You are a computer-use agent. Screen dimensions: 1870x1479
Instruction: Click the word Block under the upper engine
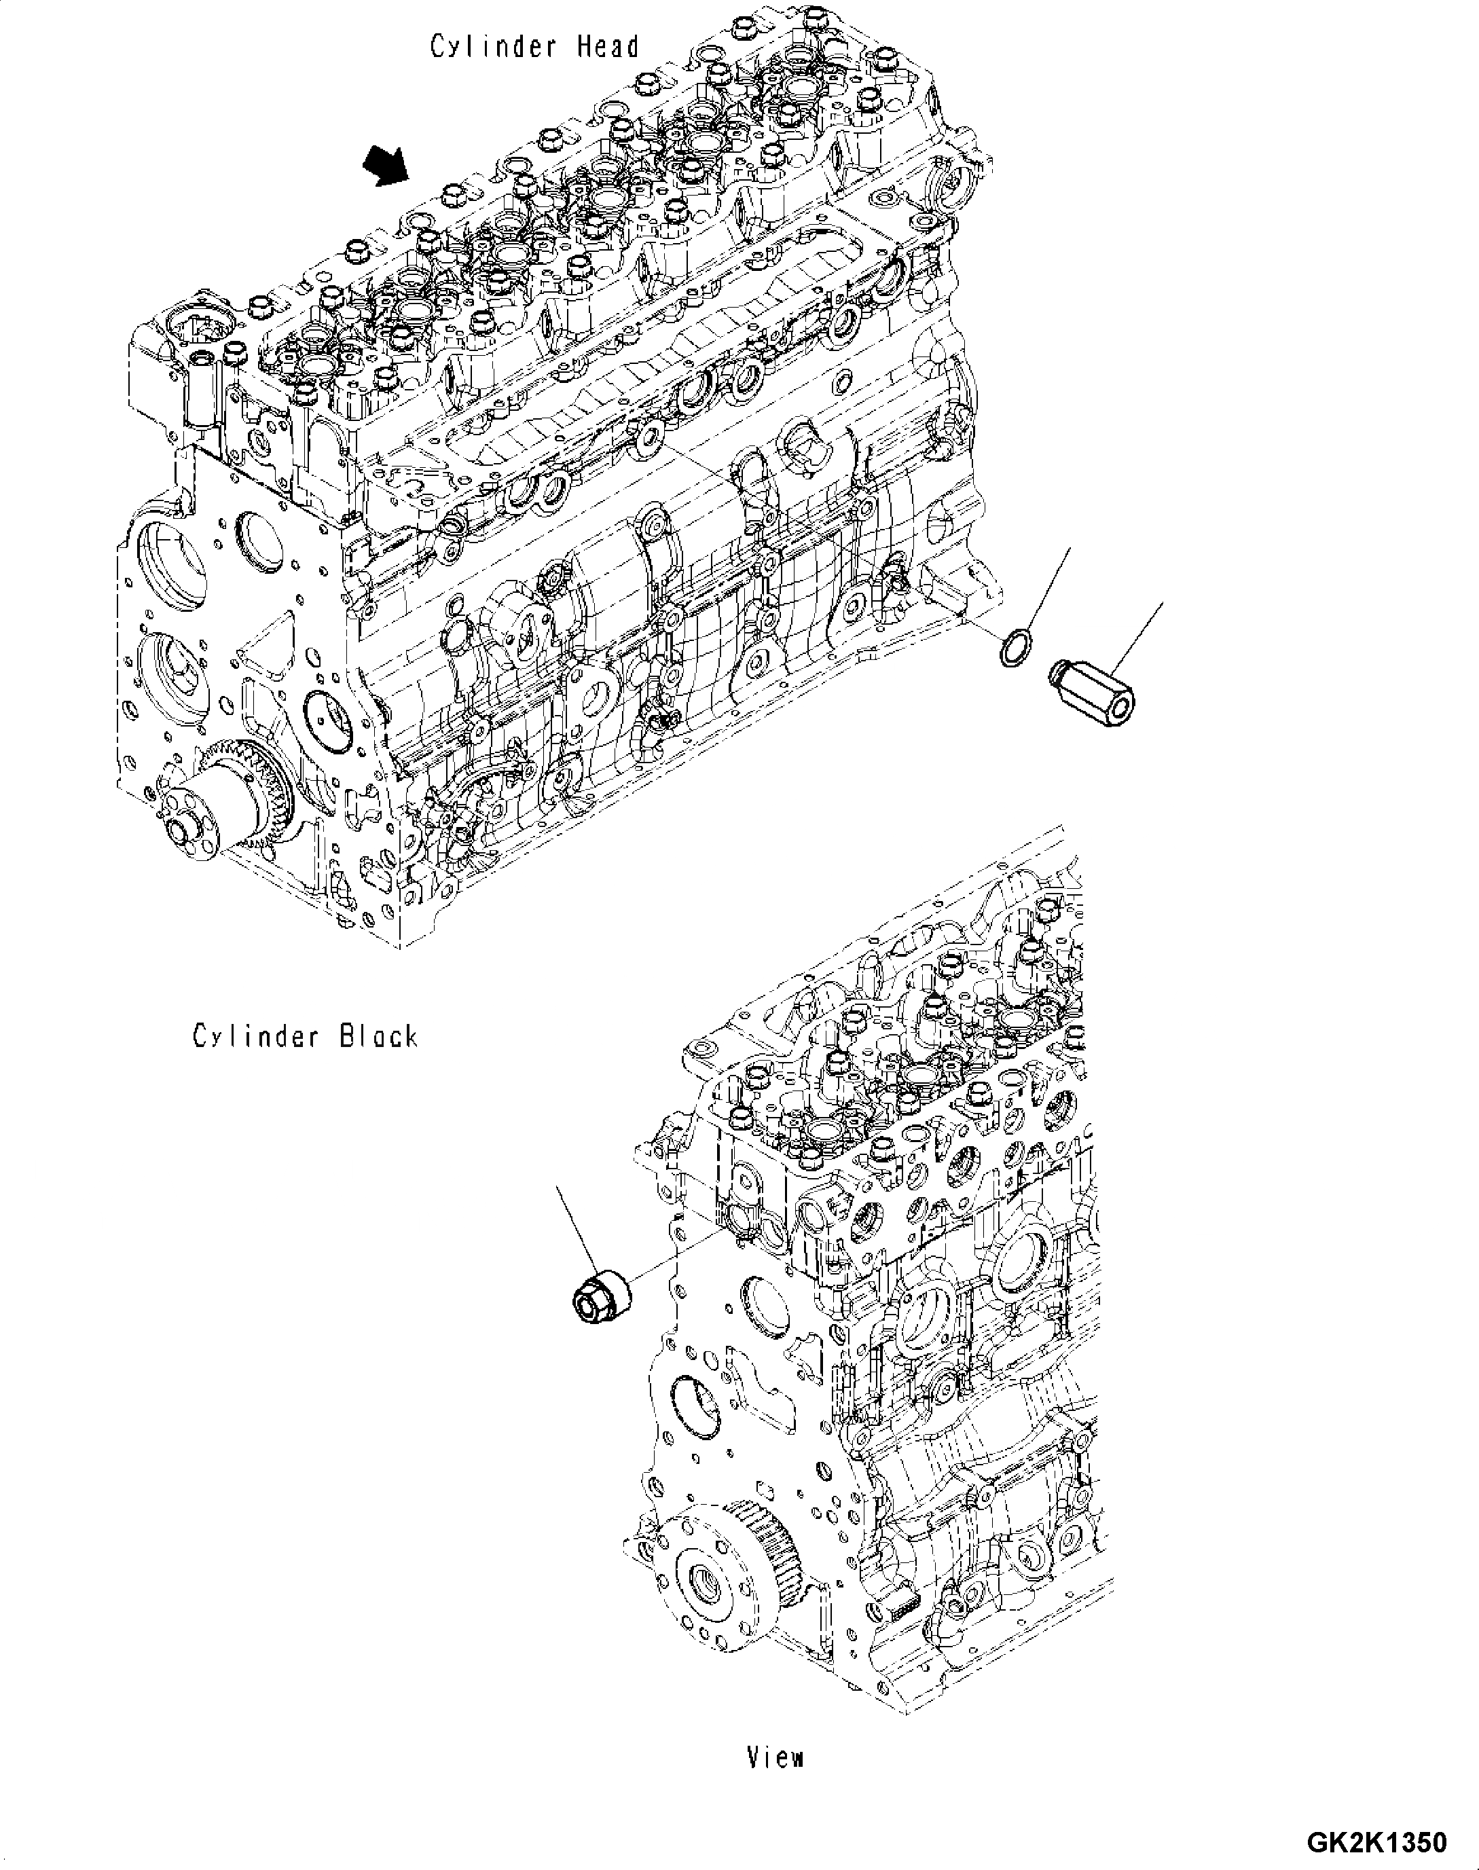click(378, 1035)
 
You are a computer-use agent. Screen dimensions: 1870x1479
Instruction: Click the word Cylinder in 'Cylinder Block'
click(255, 1035)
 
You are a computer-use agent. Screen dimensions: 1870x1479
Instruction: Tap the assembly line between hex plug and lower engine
click(684, 1260)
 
